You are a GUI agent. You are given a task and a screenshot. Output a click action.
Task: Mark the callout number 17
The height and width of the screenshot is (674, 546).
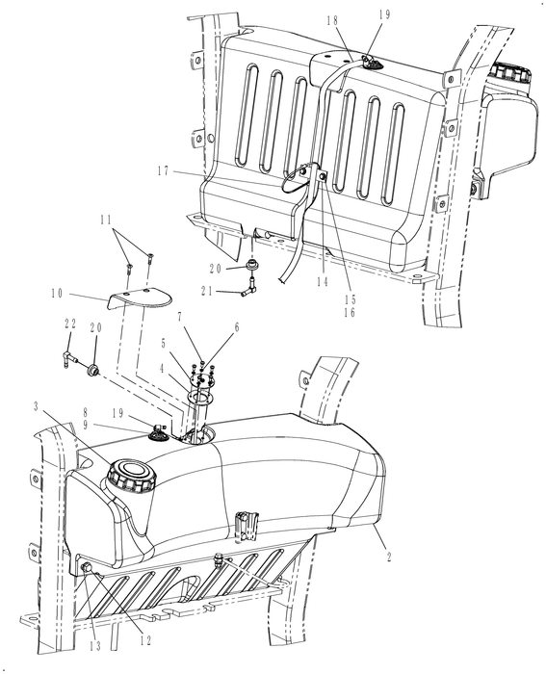click(x=167, y=170)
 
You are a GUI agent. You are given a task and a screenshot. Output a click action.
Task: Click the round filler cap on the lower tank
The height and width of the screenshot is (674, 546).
click(x=128, y=476)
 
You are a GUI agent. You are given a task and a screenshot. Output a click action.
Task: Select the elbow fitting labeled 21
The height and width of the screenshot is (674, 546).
click(x=248, y=285)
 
